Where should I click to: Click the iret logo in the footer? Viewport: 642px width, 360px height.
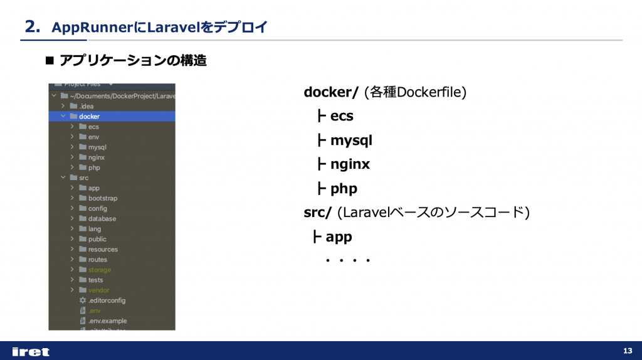click(31, 351)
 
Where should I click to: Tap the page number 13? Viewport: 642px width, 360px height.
click(628, 350)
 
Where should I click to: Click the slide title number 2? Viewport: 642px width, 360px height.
click(32, 26)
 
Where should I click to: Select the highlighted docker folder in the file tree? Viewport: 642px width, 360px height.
click(89, 116)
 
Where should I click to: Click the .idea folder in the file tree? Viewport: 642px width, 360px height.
click(87, 106)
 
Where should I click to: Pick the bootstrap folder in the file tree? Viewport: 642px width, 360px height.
click(102, 198)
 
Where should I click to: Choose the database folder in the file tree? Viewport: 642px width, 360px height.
click(102, 219)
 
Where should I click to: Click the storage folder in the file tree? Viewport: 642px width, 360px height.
click(99, 270)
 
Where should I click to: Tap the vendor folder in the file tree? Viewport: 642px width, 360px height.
click(98, 290)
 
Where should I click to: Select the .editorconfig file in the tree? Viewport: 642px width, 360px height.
click(107, 300)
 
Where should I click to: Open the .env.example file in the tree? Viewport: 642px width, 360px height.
click(107, 320)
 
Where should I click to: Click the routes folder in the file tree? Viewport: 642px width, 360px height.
click(97, 260)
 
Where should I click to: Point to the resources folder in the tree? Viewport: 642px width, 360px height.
click(103, 250)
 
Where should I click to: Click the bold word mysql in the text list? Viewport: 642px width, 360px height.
click(351, 140)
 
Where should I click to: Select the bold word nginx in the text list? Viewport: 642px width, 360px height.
click(350, 164)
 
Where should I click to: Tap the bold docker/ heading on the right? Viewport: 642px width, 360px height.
click(331, 93)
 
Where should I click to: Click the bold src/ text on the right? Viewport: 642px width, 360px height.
click(317, 213)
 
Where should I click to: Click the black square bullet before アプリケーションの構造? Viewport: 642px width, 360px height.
click(51, 61)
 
